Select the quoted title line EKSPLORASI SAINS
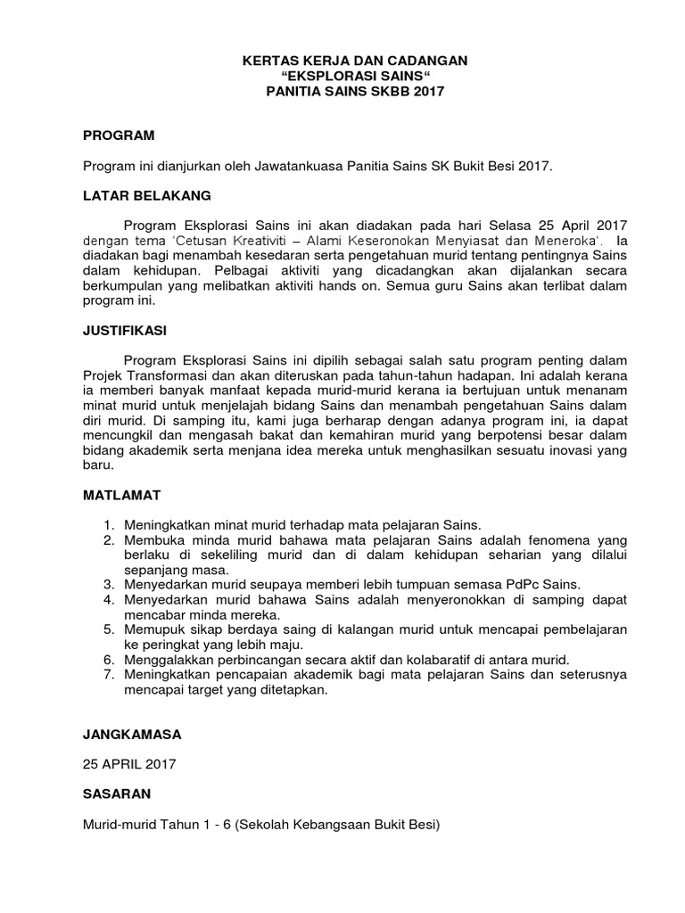(x=342, y=76)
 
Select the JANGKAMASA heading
(x=132, y=736)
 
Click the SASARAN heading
(x=117, y=793)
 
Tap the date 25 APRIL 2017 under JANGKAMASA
(x=129, y=764)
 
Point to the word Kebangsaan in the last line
(x=338, y=824)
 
